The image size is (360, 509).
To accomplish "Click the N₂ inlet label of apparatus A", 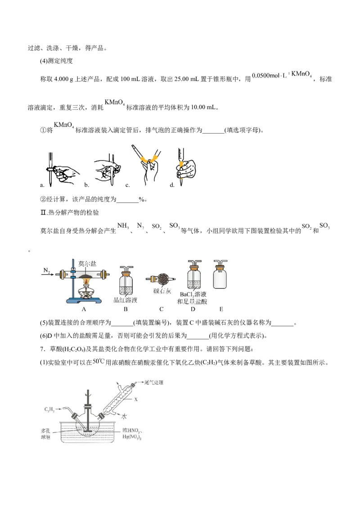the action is click(47, 270).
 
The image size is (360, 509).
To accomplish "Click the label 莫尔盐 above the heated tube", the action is click(87, 263).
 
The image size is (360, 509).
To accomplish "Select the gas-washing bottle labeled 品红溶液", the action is click(126, 280).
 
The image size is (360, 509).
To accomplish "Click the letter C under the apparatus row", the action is click(161, 309).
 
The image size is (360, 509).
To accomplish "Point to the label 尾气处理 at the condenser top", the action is click(154, 382).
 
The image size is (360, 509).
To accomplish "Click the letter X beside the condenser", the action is click(136, 399).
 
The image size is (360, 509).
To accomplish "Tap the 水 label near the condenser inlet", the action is click(124, 416).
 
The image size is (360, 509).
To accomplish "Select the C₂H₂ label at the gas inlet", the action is click(49, 410).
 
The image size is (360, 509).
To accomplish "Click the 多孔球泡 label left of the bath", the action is click(46, 434).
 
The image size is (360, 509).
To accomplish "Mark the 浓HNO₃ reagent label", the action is click(131, 431).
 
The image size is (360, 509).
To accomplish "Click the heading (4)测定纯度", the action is click(56, 61).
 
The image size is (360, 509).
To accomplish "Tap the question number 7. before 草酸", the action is click(42, 349).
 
